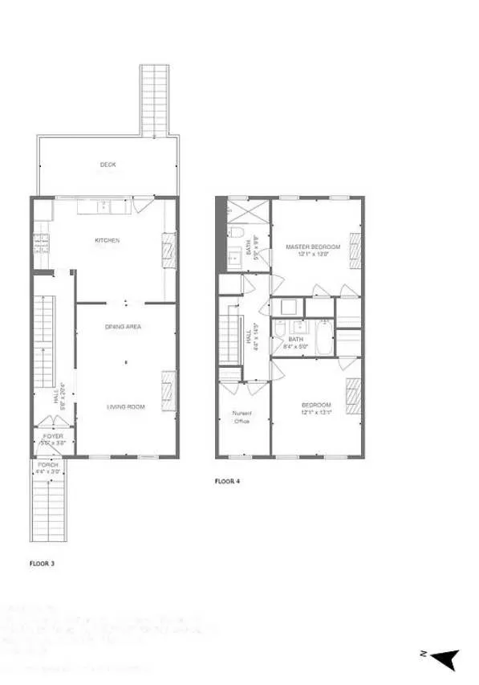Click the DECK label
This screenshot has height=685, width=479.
pos(108,165)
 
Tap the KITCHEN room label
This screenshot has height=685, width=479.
pos(108,240)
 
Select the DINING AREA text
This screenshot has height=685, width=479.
pos(124,327)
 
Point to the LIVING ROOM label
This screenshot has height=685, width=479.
pos(126,407)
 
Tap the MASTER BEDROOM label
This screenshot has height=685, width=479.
pos(313,247)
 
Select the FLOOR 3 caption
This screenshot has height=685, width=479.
pos(42,563)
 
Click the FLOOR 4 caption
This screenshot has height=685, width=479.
pos(226,481)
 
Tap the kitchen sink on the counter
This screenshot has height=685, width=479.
pos(105,207)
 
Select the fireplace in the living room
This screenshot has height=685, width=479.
pos(168,385)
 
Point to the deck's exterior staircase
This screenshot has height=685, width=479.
pos(154,100)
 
